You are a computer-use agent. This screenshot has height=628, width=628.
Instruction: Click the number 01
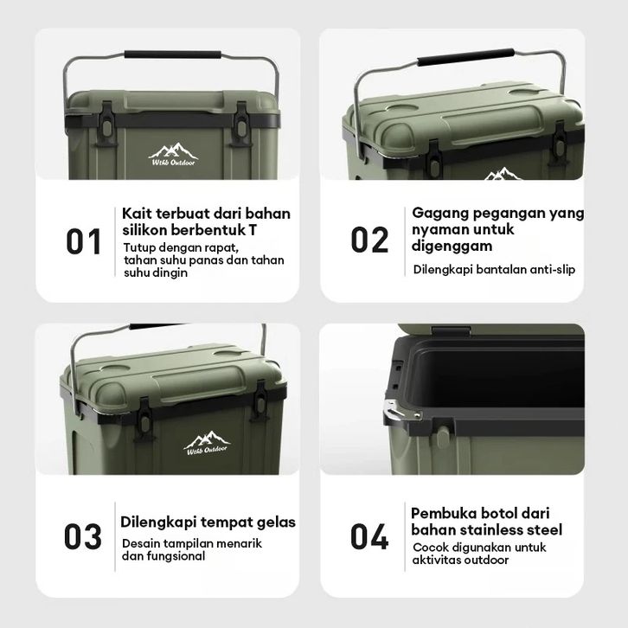tap(83, 241)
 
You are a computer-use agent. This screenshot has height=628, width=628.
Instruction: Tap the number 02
tap(369, 240)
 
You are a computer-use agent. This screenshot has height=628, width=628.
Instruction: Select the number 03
tap(82, 536)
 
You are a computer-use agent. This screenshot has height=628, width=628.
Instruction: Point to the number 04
tap(369, 536)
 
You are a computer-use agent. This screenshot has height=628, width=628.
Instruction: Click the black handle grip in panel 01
tap(173, 54)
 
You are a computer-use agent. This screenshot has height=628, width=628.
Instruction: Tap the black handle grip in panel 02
tap(465, 57)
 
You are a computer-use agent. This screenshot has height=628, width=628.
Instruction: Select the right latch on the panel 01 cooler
tap(241, 124)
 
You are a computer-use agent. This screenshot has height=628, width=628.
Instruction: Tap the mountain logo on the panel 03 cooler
tap(207, 443)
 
